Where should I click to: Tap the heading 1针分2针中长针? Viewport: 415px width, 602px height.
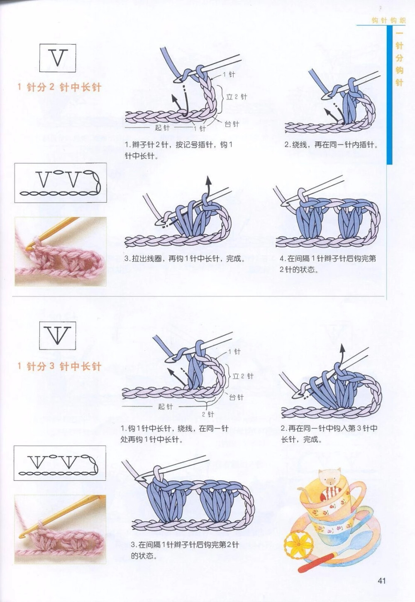coord(59,87)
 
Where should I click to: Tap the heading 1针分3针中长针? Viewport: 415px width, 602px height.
coord(59,366)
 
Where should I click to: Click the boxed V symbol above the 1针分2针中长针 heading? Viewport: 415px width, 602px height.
coord(58,58)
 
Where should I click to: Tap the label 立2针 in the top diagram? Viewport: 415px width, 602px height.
coord(237,97)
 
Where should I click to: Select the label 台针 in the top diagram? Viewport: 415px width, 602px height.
coord(232,124)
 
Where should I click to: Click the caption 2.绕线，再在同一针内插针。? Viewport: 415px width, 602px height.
coord(331,145)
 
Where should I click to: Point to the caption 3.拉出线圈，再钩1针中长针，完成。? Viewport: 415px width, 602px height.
coord(185,258)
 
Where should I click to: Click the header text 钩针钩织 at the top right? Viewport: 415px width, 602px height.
coord(388,20)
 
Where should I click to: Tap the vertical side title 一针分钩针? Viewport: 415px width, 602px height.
coord(399,58)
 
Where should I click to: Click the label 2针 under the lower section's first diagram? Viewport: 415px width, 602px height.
coord(208,414)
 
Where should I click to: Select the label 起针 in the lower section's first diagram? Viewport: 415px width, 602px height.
coord(165,407)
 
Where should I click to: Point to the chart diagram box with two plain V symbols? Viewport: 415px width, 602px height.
coord(61,183)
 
